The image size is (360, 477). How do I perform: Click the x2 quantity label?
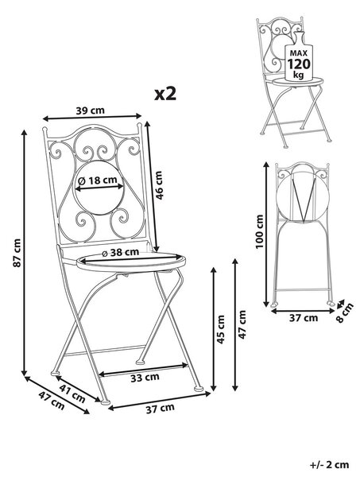point(165,94)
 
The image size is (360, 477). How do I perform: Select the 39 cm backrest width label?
point(90,111)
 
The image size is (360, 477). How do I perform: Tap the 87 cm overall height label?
point(17,253)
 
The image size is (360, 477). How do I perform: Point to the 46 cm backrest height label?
point(159,185)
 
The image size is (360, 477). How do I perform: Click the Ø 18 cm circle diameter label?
point(98,180)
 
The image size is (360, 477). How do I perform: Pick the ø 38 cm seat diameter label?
point(121,252)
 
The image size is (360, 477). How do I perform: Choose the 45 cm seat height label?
point(221,329)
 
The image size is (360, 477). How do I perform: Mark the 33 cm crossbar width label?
point(145,378)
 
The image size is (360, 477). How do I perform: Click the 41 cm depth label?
point(72,394)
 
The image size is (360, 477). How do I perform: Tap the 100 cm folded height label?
point(259,231)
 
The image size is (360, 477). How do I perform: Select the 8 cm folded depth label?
point(345,312)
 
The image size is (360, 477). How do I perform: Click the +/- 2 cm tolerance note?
point(330,465)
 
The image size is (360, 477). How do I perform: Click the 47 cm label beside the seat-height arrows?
point(242,324)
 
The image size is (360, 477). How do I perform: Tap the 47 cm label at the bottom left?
point(52,401)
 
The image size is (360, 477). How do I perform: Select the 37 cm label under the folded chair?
point(303,318)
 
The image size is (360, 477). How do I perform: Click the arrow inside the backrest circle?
point(99,188)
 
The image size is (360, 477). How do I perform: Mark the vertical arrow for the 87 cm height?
point(25,252)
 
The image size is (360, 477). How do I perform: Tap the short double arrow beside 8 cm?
point(340,303)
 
